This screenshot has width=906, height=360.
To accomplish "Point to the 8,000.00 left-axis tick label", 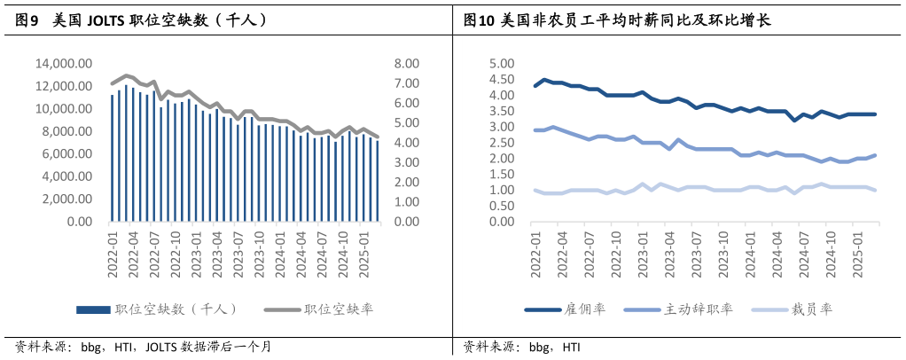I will (x=66, y=131).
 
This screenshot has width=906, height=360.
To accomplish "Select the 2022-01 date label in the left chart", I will (x=113, y=254).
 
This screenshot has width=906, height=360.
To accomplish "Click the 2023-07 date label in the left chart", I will (x=238, y=254).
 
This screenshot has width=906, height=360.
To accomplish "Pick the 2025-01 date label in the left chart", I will (x=363, y=254).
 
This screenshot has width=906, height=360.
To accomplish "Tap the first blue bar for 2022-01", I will (x=113, y=158).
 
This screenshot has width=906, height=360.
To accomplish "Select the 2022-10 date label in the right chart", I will (x=612, y=254).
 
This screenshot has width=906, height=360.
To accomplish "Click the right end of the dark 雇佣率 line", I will (x=875, y=114).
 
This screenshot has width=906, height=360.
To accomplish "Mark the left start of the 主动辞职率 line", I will (x=535, y=130).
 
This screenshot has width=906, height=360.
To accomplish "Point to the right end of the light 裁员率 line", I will (x=875, y=190).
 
